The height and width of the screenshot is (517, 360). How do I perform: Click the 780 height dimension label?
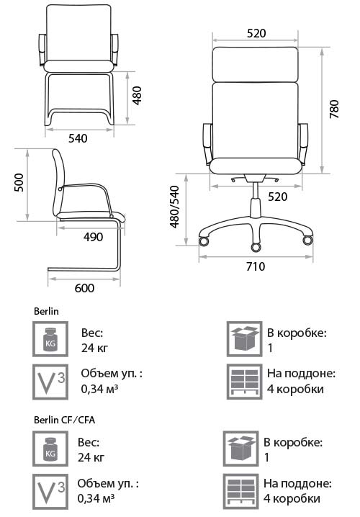[334, 109]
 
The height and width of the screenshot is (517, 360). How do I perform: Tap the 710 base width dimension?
[256, 266]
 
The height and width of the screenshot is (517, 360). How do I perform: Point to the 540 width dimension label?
[78, 138]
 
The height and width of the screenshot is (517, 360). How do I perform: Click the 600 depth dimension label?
[84, 288]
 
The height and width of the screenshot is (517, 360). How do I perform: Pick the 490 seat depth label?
[93, 237]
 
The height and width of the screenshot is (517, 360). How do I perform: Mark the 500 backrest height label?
[19, 182]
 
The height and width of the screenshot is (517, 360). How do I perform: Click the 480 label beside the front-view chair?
[137, 96]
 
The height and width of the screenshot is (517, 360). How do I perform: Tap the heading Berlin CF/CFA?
[64, 420]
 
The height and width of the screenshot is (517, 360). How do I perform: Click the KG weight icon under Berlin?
[50, 339]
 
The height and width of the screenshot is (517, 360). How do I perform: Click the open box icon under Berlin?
[245, 339]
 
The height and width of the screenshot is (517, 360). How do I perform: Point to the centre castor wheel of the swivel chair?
[256, 247]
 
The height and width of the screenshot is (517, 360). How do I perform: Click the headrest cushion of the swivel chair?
[256, 64]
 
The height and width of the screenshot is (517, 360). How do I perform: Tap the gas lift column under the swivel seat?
[256, 199]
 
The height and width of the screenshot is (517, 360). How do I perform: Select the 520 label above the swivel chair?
[256, 33]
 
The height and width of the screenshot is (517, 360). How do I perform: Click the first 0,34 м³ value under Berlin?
[99, 388]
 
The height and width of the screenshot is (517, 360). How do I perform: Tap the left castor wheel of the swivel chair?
[204, 240]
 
